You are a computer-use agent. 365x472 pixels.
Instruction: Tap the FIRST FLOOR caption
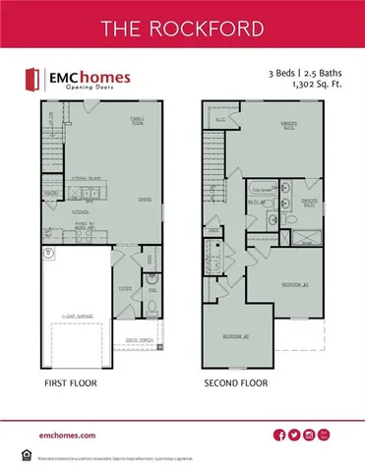(70, 383)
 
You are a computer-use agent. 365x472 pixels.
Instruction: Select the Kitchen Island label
(89, 177)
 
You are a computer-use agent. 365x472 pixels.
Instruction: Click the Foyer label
(127, 288)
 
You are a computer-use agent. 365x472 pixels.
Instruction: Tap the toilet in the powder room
(152, 304)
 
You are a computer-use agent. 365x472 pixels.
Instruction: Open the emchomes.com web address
(68, 434)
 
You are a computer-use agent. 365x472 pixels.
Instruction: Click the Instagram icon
(309, 435)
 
